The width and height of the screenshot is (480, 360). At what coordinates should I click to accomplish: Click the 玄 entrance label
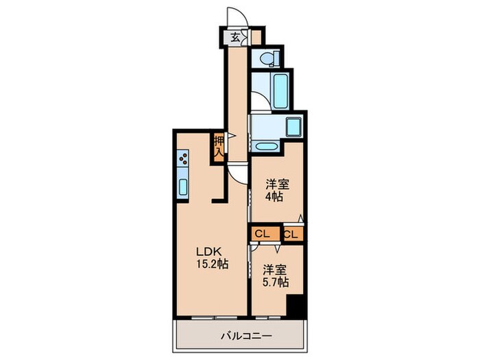[235, 37]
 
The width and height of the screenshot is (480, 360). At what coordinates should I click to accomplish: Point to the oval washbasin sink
[265, 146]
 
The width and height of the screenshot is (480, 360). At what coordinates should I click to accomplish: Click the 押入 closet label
[219, 146]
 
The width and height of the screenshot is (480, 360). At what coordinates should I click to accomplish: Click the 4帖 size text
[274, 197]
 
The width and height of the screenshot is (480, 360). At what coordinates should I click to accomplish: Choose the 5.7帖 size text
[275, 282]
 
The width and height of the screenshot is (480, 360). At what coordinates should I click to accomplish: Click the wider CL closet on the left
[262, 233]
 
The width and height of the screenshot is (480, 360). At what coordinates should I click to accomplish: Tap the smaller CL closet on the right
[291, 234]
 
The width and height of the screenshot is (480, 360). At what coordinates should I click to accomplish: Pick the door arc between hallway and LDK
[237, 173]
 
